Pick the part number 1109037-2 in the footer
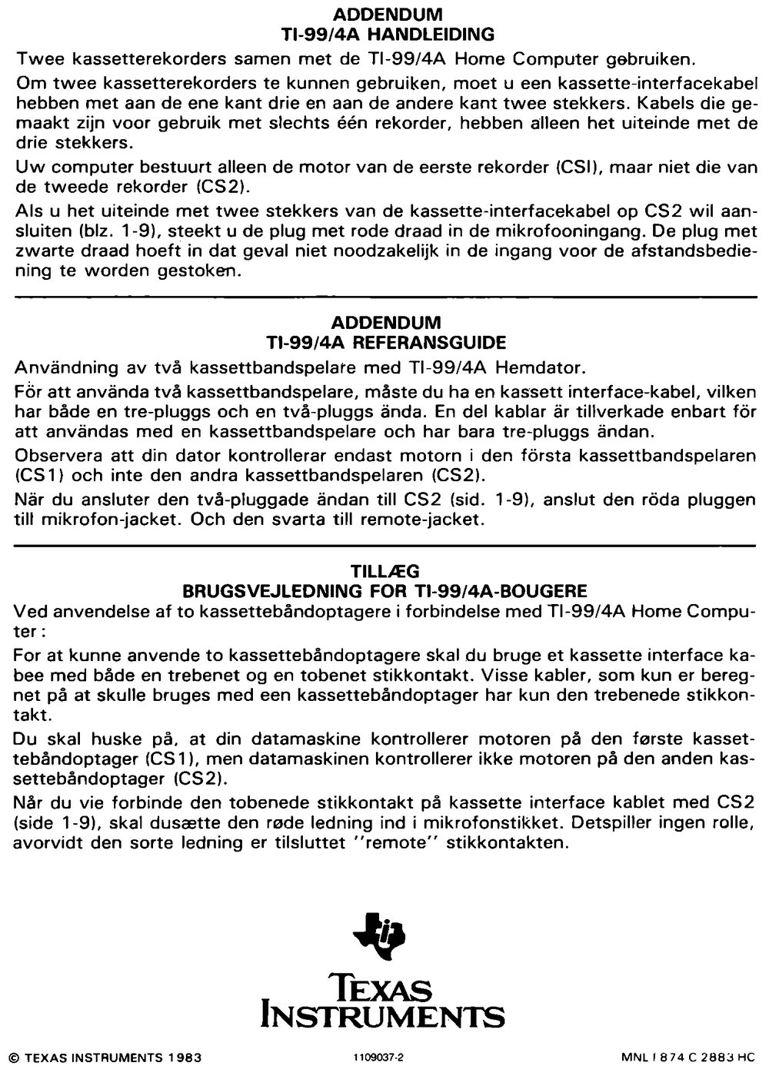click(x=378, y=1057)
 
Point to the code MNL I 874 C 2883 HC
click(x=689, y=1057)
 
